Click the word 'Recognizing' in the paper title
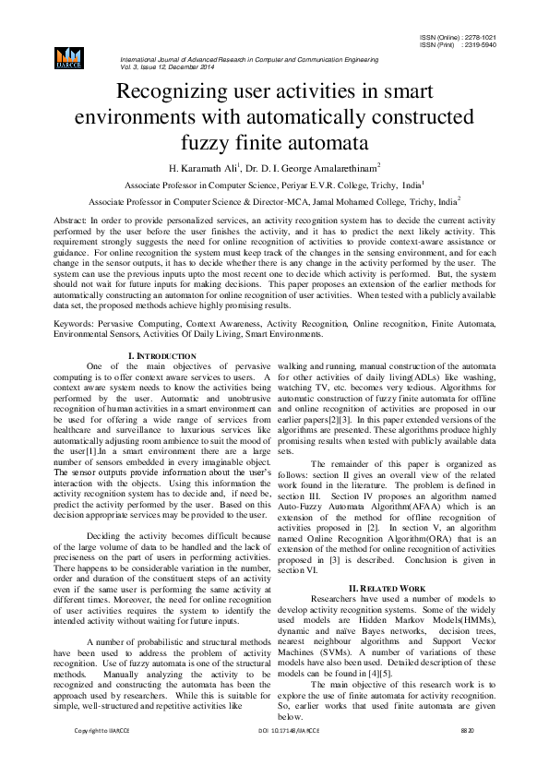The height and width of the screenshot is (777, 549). click(173, 92)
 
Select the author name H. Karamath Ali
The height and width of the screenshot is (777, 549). click(189, 169)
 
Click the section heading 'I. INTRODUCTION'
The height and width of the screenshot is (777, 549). click(162, 355)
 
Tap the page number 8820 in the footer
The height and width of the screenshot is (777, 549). click(467, 756)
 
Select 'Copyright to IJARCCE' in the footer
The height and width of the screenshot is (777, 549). click(101, 756)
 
